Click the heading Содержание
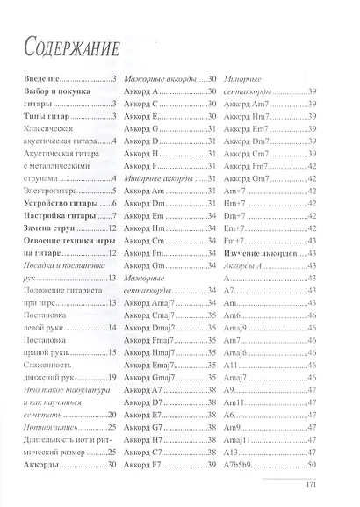click(72, 47)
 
